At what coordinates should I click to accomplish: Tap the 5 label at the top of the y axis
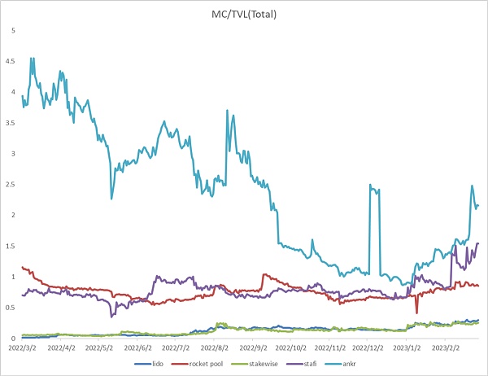click(x=12, y=30)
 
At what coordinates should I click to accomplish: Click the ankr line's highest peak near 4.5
click(x=32, y=58)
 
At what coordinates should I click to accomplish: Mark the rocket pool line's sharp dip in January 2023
click(x=417, y=313)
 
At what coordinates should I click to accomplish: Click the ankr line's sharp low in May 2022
click(x=111, y=199)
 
